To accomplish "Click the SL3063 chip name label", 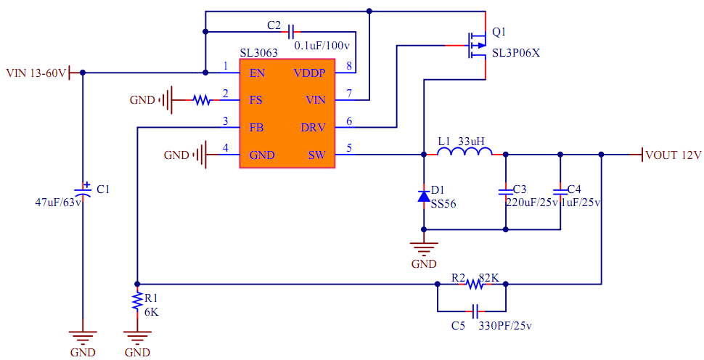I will coord(258,54).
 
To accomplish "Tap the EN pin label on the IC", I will coord(257,73).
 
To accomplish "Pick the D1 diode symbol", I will coord(424,195).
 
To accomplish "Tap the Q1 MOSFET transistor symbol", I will coord(476,45).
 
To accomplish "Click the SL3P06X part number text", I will coord(517,53).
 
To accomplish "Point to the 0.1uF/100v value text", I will coord(322,45).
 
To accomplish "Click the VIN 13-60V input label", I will coord(36,73).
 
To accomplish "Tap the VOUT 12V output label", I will coord(673,155).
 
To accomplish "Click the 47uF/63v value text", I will coord(59,202).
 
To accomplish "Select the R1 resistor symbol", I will coord(136,301).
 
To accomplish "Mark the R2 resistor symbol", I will coord(475,284).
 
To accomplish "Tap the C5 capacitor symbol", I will coord(475,311).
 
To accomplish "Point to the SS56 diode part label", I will coord(443,204).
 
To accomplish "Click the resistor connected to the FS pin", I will coord(201,100).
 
